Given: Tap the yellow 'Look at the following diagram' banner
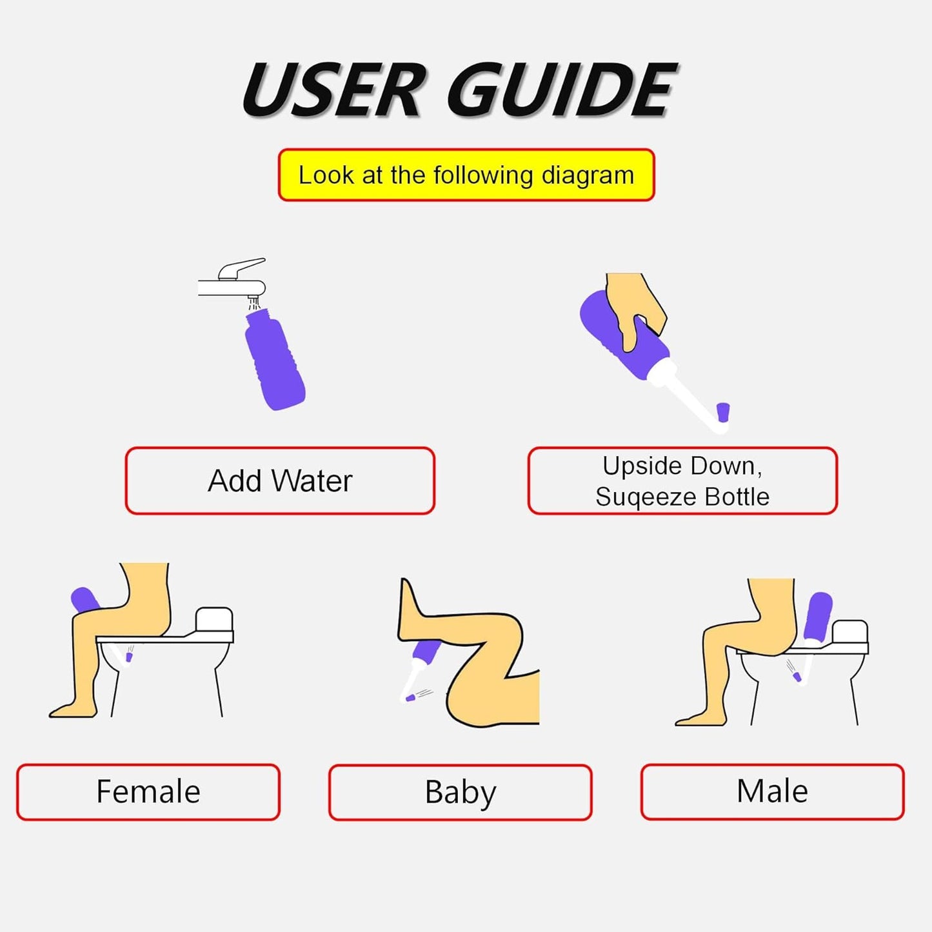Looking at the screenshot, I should [x=466, y=175].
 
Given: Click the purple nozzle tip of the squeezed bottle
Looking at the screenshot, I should [x=723, y=412].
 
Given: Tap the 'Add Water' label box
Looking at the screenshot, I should [x=280, y=481].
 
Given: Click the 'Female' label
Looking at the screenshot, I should [x=148, y=792].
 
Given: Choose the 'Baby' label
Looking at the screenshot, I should [x=460, y=792].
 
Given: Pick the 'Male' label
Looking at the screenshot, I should [x=772, y=791].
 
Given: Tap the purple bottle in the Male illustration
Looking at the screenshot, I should [x=819, y=616].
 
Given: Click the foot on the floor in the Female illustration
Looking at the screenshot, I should [x=72, y=709].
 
